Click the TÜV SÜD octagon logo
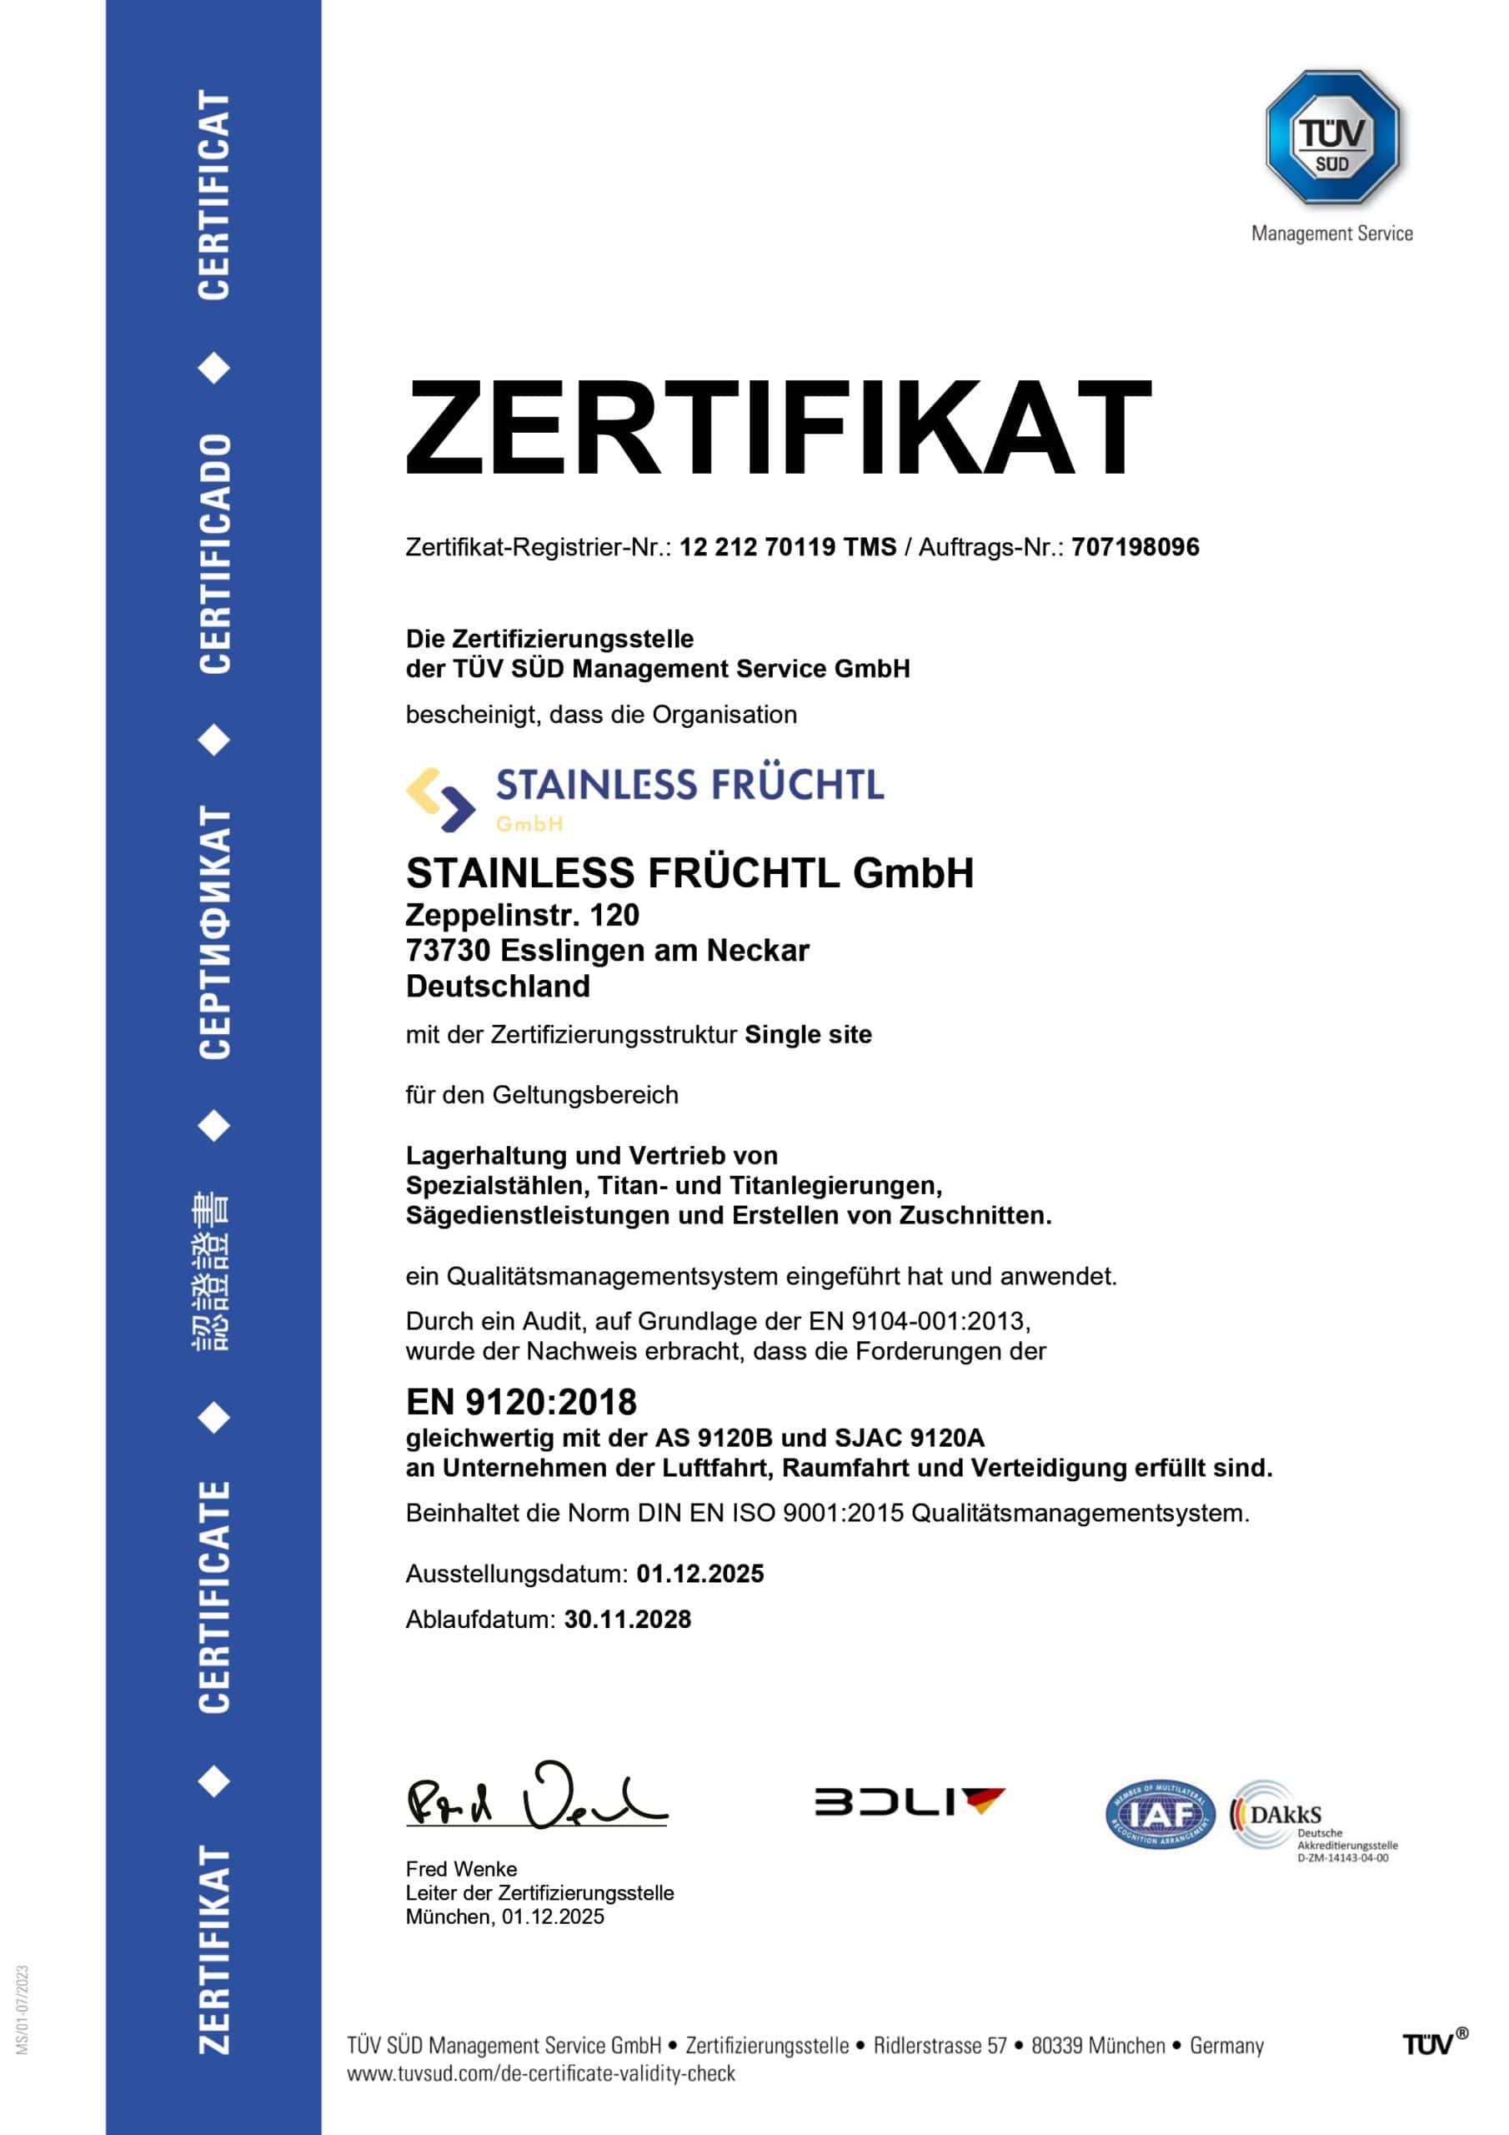pyautogui.click(x=1331, y=138)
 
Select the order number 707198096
pyautogui.click(x=1135, y=547)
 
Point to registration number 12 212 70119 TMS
pyautogui.click(x=788, y=547)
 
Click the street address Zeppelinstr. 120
pyautogui.click(x=522, y=915)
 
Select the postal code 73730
pyautogui.click(x=449, y=951)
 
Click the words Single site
pyautogui.click(x=808, y=1034)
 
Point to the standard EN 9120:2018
pyautogui.click(x=521, y=1401)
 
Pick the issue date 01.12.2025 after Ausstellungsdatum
pyautogui.click(x=700, y=1574)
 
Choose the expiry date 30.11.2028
pyautogui.click(x=628, y=1619)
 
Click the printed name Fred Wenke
pyautogui.click(x=461, y=1868)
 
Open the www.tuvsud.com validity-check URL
pyautogui.click(x=540, y=2072)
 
